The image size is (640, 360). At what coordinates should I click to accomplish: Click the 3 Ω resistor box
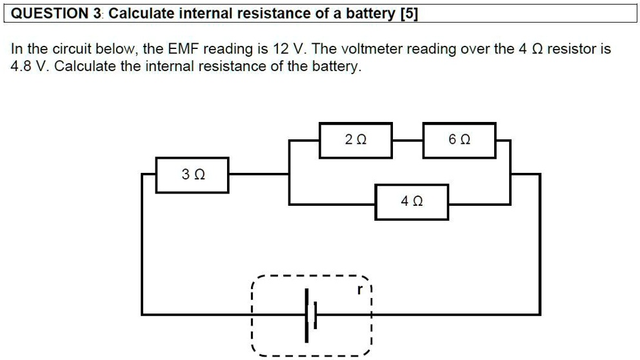point(192,174)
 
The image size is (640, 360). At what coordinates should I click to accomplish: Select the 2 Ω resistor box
point(355,139)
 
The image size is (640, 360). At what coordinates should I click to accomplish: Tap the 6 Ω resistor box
point(459,139)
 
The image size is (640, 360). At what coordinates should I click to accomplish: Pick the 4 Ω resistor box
point(412,201)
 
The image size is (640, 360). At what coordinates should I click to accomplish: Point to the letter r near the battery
point(361,290)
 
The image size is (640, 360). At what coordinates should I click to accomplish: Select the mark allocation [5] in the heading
point(408,14)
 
